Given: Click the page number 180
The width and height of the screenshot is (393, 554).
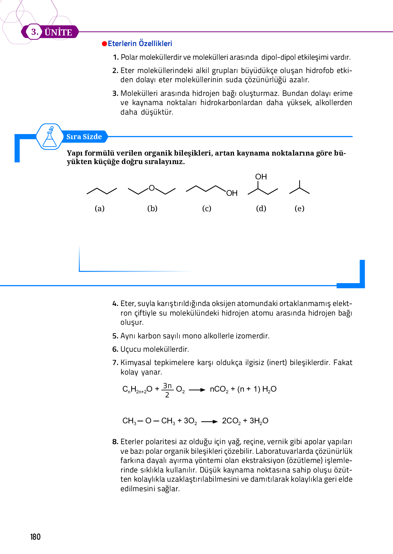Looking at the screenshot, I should [x=35, y=537].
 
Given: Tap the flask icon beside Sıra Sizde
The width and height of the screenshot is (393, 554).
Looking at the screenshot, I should [x=50, y=137].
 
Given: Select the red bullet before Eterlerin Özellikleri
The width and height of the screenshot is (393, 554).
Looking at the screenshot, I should [x=105, y=44].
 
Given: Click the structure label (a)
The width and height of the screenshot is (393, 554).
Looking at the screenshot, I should [x=100, y=208].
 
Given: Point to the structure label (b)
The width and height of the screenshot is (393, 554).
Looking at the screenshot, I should [x=152, y=208].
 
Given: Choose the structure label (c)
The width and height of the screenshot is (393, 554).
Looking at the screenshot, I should [x=207, y=208].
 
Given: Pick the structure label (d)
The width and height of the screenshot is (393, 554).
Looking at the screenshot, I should [x=261, y=208].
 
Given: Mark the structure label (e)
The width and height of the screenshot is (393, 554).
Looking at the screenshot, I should [x=299, y=208].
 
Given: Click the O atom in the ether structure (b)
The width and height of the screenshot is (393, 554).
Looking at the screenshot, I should [x=152, y=188].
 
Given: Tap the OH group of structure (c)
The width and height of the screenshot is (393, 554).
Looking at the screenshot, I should [x=232, y=193].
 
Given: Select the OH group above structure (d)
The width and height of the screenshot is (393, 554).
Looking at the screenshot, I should [x=261, y=177].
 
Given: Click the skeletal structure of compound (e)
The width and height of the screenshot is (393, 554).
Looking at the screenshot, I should [x=300, y=189].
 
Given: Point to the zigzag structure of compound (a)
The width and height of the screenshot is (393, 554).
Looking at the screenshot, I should [x=102, y=191].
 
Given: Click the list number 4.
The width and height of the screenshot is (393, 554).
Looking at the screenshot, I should [x=115, y=304].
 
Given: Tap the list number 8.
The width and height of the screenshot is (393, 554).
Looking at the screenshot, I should [x=115, y=442].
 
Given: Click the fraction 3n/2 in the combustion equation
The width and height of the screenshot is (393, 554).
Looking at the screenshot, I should [x=167, y=390].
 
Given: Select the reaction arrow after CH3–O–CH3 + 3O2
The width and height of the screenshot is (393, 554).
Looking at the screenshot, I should [x=209, y=422].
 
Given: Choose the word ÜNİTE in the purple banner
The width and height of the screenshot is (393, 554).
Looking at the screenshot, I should [x=58, y=32].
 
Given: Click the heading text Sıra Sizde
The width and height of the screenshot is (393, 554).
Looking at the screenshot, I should [x=84, y=137].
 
